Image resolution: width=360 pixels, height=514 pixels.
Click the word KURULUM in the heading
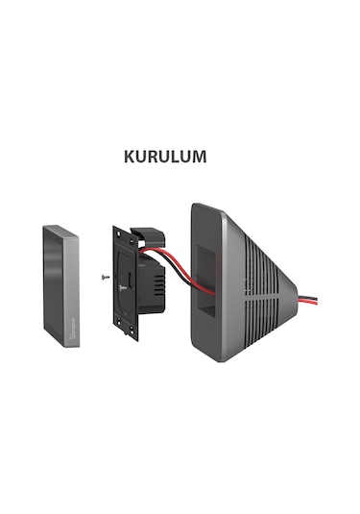pyautogui.click(x=165, y=157)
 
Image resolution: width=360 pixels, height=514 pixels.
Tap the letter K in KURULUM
pyautogui.click(x=131, y=157)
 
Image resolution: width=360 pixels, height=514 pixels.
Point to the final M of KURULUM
pyautogui.click(x=199, y=157)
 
